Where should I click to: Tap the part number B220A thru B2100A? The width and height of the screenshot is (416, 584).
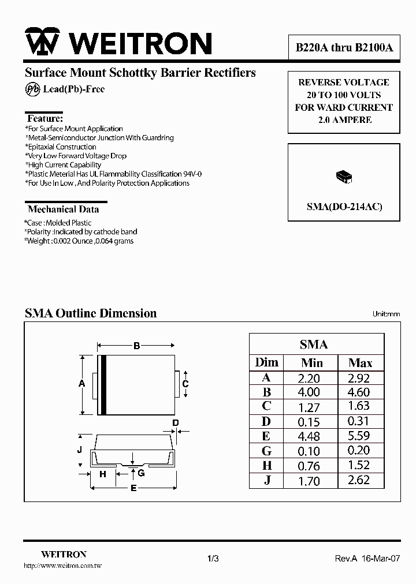344,48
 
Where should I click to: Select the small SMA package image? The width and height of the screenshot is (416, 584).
344,177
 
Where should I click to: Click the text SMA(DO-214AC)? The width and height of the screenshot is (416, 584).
344,206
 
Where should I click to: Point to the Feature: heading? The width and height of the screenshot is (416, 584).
46,118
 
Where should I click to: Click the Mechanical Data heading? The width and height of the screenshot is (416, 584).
63,209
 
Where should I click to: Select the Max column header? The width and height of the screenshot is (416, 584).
360,363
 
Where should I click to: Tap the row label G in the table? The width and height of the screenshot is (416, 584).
266,451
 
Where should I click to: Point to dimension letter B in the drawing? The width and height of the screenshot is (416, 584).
137,346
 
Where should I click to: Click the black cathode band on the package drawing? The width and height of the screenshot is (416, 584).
103,384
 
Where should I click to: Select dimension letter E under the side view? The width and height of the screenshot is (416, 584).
133,489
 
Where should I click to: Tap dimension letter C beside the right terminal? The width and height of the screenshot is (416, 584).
185,384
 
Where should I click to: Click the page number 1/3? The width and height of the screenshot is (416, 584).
212,558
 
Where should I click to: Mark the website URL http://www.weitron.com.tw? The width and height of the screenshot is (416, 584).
62,567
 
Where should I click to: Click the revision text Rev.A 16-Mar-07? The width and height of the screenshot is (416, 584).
367,558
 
